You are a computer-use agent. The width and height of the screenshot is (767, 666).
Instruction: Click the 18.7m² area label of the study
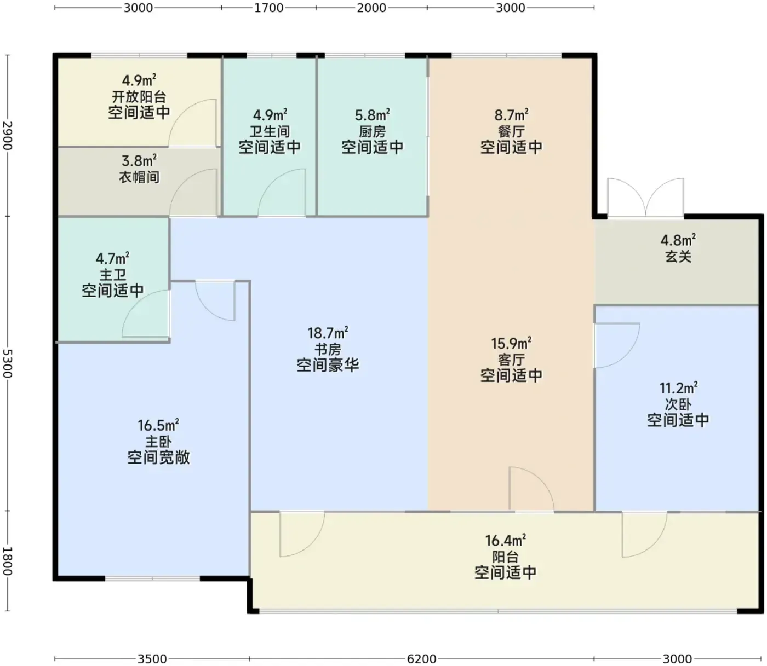[328, 332]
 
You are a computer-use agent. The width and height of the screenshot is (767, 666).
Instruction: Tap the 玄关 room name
[678, 257]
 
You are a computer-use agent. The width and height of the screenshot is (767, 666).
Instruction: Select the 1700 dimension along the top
[269, 8]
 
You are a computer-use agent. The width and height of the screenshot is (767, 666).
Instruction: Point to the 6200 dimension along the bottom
[422, 658]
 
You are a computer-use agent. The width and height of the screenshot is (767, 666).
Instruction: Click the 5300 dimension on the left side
[8, 363]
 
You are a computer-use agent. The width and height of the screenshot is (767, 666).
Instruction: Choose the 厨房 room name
[372, 131]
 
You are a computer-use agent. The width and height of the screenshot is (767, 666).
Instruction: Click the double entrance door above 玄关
[645, 198]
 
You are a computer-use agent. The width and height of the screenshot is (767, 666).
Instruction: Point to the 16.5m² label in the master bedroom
[158, 425]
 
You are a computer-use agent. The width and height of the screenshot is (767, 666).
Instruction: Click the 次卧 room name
[678, 404]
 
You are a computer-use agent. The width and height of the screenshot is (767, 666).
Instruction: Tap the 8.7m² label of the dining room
[511, 115]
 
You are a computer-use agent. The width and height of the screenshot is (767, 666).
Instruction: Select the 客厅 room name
[511, 360]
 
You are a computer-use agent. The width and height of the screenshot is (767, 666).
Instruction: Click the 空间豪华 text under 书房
[328, 364]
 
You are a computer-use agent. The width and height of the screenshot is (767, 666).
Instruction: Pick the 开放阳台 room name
[139, 96]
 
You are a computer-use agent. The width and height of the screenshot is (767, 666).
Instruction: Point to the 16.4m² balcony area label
[505, 540]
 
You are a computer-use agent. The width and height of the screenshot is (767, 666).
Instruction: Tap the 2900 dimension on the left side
[8, 135]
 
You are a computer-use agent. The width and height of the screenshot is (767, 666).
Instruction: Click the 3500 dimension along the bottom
[152, 658]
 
